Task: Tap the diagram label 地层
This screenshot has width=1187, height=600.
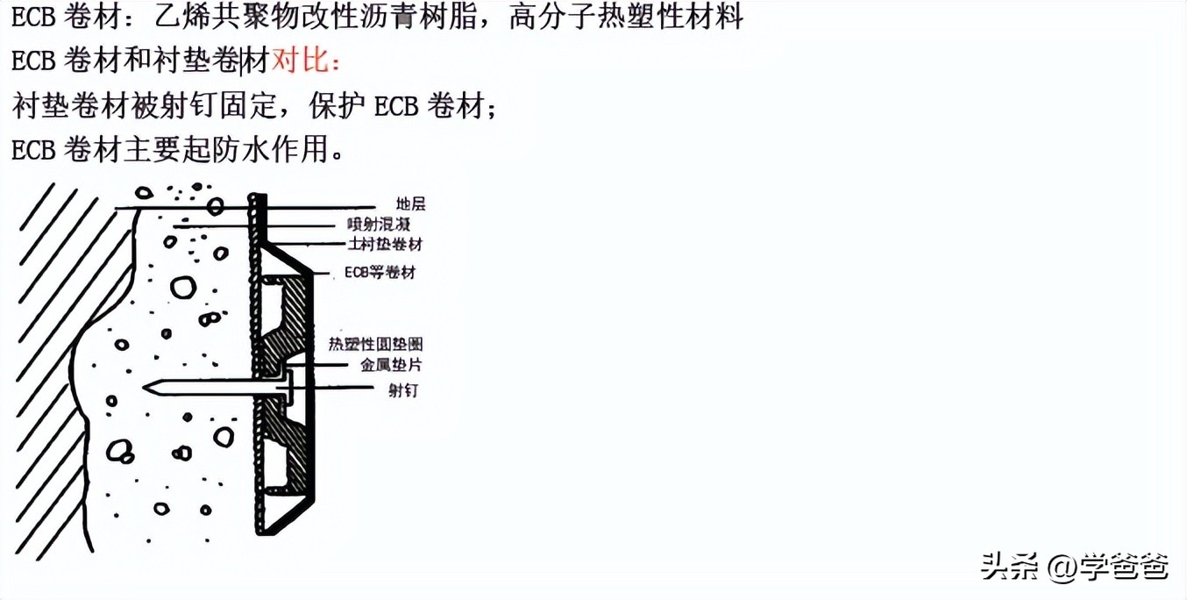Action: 410,204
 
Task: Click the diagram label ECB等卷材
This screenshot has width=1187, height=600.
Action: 380,273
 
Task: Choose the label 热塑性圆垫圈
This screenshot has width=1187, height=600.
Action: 375,345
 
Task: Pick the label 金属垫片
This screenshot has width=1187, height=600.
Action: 391,366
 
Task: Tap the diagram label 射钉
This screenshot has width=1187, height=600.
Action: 403,390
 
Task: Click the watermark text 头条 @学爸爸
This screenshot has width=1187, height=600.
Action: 1074,567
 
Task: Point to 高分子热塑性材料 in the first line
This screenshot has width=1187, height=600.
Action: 625,16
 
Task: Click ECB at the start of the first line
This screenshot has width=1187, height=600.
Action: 33,17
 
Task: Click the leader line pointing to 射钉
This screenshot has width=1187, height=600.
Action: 342,386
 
